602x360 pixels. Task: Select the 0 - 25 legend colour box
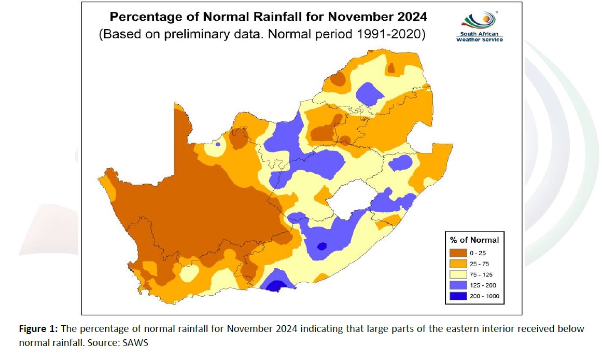point(458,252)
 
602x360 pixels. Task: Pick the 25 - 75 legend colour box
point(458,264)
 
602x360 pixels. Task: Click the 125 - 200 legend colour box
point(458,286)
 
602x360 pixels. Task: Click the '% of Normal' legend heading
point(474,240)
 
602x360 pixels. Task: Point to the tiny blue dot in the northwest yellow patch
point(218,144)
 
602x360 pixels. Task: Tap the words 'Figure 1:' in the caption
point(37,329)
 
